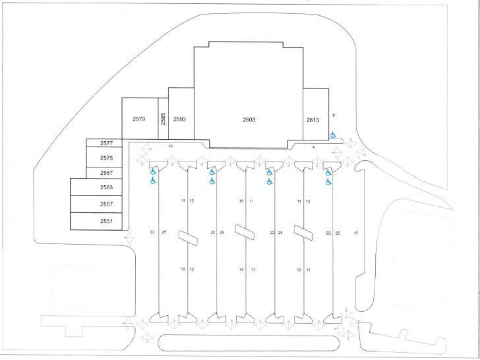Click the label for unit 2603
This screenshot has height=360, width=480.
pos(249,120)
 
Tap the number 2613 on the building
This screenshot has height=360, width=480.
pos(313,120)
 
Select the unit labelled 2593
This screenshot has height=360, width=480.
pos(179,119)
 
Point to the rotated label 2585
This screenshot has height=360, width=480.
pos(163,119)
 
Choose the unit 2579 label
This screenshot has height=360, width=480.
pos(139,119)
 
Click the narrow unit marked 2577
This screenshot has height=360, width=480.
pos(107,143)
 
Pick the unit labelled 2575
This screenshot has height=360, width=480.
pos(107,158)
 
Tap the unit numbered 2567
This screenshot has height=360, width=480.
pos(107,173)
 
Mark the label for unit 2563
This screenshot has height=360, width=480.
pos(107,187)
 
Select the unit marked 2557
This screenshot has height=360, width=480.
pos(107,204)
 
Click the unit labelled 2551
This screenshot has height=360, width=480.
pos(107,221)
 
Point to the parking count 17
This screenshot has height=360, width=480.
pos(356,233)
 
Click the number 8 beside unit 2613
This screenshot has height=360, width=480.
pos(334,115)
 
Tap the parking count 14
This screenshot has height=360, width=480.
pos(241,270)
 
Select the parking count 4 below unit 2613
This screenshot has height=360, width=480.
pos(313,147)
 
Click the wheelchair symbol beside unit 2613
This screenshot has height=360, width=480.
pos(333,135)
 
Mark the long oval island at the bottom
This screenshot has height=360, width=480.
pos(249,343)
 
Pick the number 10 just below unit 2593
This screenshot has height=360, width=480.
pos(171,146)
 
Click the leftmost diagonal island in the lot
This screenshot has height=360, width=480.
pos(188,238)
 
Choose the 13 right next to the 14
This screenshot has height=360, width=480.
pos(253,270)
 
